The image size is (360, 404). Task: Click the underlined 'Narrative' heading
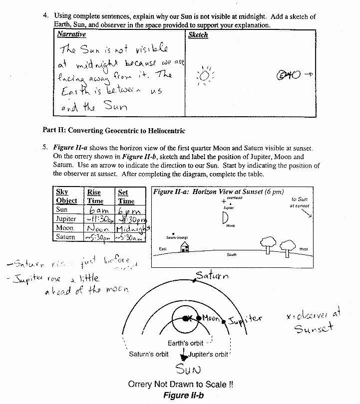(x=71, y=34)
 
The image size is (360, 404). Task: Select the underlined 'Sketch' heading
(x=198, y=35)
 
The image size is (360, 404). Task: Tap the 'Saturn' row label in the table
(x=65, y=237)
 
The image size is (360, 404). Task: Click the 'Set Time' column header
(x=126, y=197)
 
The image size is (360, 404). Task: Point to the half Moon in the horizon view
(x=225, y=217)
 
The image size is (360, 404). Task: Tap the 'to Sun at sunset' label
(x=300, y=202)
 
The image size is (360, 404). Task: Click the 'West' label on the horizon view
(x=304, y=248)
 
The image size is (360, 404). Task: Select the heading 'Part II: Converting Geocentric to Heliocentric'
(x=114, y=131)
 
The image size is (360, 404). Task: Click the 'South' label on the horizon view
(x=231, y=254)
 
